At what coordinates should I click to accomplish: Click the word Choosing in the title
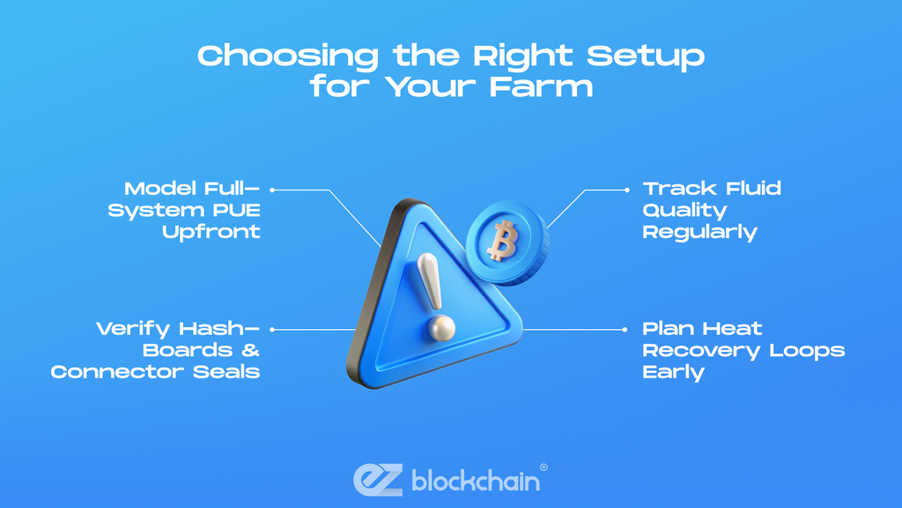pos(288,56)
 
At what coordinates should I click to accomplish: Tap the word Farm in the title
pos(542,87)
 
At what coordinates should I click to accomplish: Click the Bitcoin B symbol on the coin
pos(502,240)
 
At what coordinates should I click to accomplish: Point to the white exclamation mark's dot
pos(442,328)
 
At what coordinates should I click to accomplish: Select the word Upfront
pos(211,232)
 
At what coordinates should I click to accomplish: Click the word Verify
pos(133,330)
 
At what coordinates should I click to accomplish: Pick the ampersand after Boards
pos(250,350)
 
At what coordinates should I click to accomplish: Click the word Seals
pos(226,372)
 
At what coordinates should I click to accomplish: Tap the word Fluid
pos(753,189)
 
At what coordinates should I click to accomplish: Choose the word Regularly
pos(699,233)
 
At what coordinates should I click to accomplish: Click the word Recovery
pos(701,351)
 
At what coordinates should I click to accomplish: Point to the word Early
pos(673,373)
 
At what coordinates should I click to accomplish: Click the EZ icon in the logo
pos(378,479)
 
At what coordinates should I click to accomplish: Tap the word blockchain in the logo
pos(476,480)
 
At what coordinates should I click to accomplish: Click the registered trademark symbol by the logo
pos(543,467)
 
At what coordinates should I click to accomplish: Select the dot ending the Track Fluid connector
pos(627,190)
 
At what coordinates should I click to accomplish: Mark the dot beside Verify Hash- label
pos(272,330)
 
